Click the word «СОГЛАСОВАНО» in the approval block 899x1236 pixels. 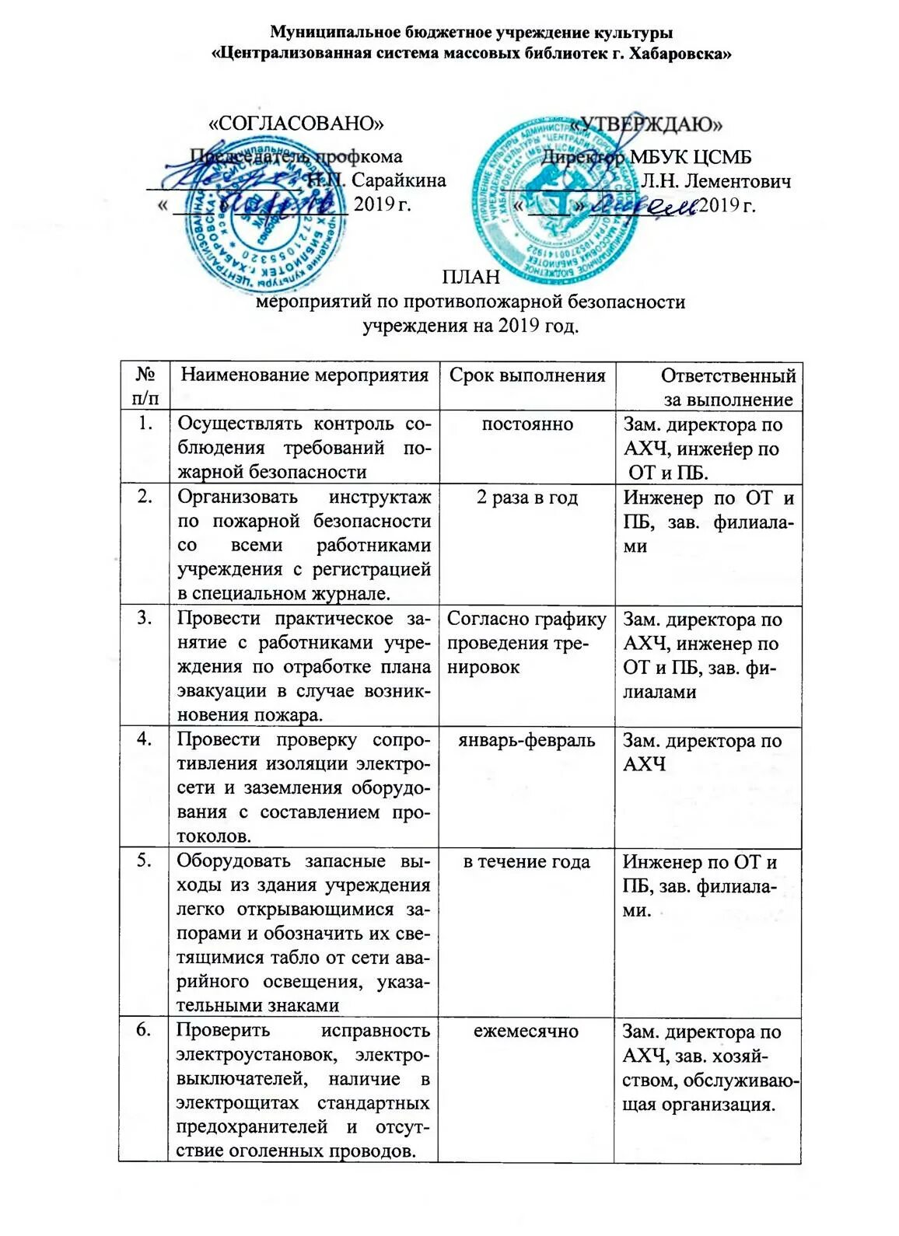pyautogui.click(x=298, y=123)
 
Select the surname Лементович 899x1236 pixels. pyautogui.click(x=715, y=182)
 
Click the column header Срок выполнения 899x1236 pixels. pyautogui.click(x=527, y=376)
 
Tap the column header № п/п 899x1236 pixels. pyautogui.click(x=144, y=386)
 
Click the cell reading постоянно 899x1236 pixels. pyautogui.click(x=527, y=424)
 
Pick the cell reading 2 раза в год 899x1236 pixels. pyautogui.click(x=527, y=498)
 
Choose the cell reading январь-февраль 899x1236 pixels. pyautogui.click(x=527, y=740)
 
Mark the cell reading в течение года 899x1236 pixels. pyautogui.click(x=526, y=861)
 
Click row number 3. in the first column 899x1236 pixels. pyautogui.click(x=144, y=620)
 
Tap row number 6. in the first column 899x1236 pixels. pyautogui.click(x=144, y=1031)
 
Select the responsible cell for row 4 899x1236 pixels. pyautogui.click(x=702, y=752)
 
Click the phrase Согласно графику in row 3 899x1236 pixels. pyautogui.click(x=527, y=620)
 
